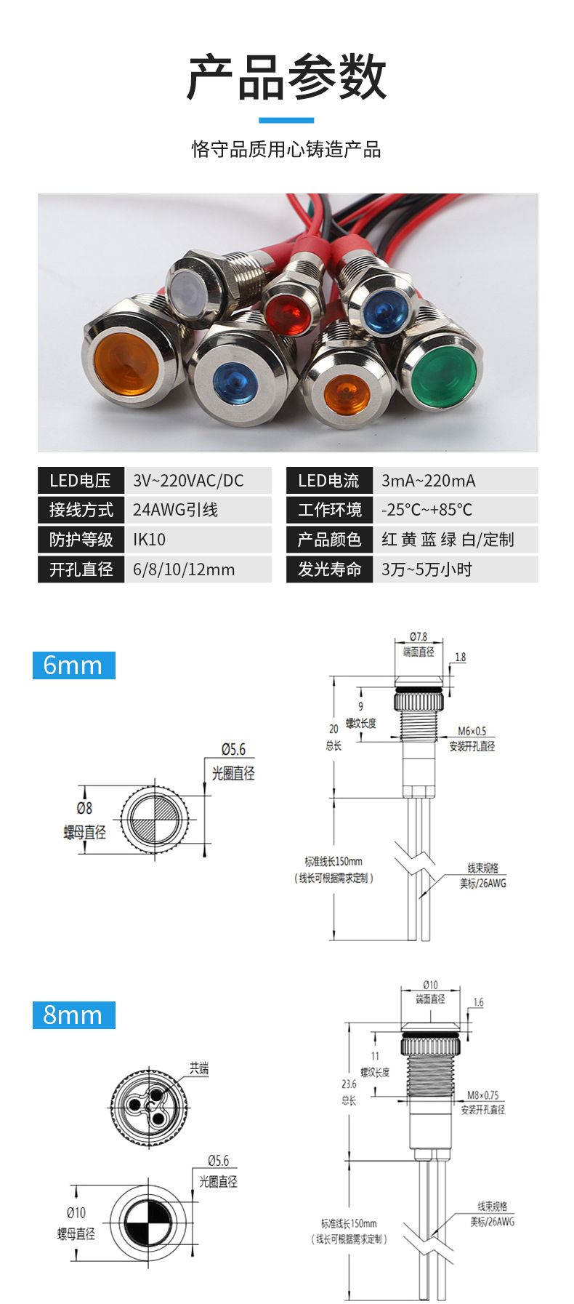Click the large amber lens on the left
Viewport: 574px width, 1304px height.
pos(126,361)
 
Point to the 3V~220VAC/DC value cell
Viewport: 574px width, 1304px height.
pos(198,481)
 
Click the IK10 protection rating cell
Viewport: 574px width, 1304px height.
pos(198,540)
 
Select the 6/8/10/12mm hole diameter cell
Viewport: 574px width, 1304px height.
pos(198,569)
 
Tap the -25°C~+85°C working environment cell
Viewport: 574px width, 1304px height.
pos(456,510)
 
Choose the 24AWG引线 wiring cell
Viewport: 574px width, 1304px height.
pos(198,510)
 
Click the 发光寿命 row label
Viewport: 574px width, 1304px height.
pos(329,569)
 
